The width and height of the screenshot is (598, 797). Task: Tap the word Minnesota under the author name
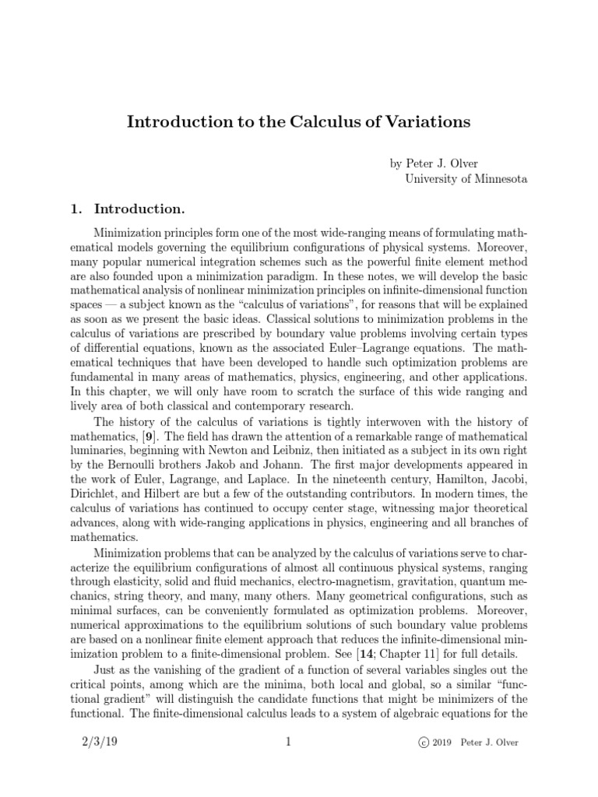pyautogui.click(x=497, y=179)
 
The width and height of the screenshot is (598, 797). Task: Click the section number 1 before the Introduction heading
pyautogui.click(x=76, y=209)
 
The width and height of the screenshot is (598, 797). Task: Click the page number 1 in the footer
pyautogui.click(x=288, y=742)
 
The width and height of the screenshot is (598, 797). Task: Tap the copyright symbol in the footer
pyautogui.click(x=424, y=743)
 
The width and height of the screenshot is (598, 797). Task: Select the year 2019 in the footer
pyautogui.click(x=446, y=743)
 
